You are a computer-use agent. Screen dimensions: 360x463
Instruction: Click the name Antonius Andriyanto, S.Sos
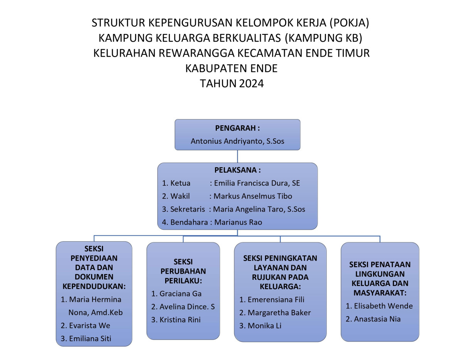(x=237, y=141)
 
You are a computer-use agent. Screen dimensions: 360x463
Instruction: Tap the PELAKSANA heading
(x=237, y=170)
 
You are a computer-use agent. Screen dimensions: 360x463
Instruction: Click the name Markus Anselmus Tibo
(x=253, y=196)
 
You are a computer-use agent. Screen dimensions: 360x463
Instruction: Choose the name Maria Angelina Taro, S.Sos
(x=259, y=209)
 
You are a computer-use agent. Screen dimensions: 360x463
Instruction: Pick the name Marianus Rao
(x=238, y=222)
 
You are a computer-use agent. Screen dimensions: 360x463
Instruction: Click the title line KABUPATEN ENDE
(x=231, y=68)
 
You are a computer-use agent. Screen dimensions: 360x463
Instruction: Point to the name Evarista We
(x=90, y=326)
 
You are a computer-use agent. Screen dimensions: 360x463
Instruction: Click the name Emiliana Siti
(x=91, y=339)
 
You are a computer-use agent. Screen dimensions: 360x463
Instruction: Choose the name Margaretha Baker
(x=279, y=313)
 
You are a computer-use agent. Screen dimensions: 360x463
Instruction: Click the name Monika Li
(x=264, y=326)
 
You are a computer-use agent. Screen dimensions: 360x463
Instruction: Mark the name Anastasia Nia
(x=377, y=319)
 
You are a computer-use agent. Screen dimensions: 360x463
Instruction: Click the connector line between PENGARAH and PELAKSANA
(x=237, y=156)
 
